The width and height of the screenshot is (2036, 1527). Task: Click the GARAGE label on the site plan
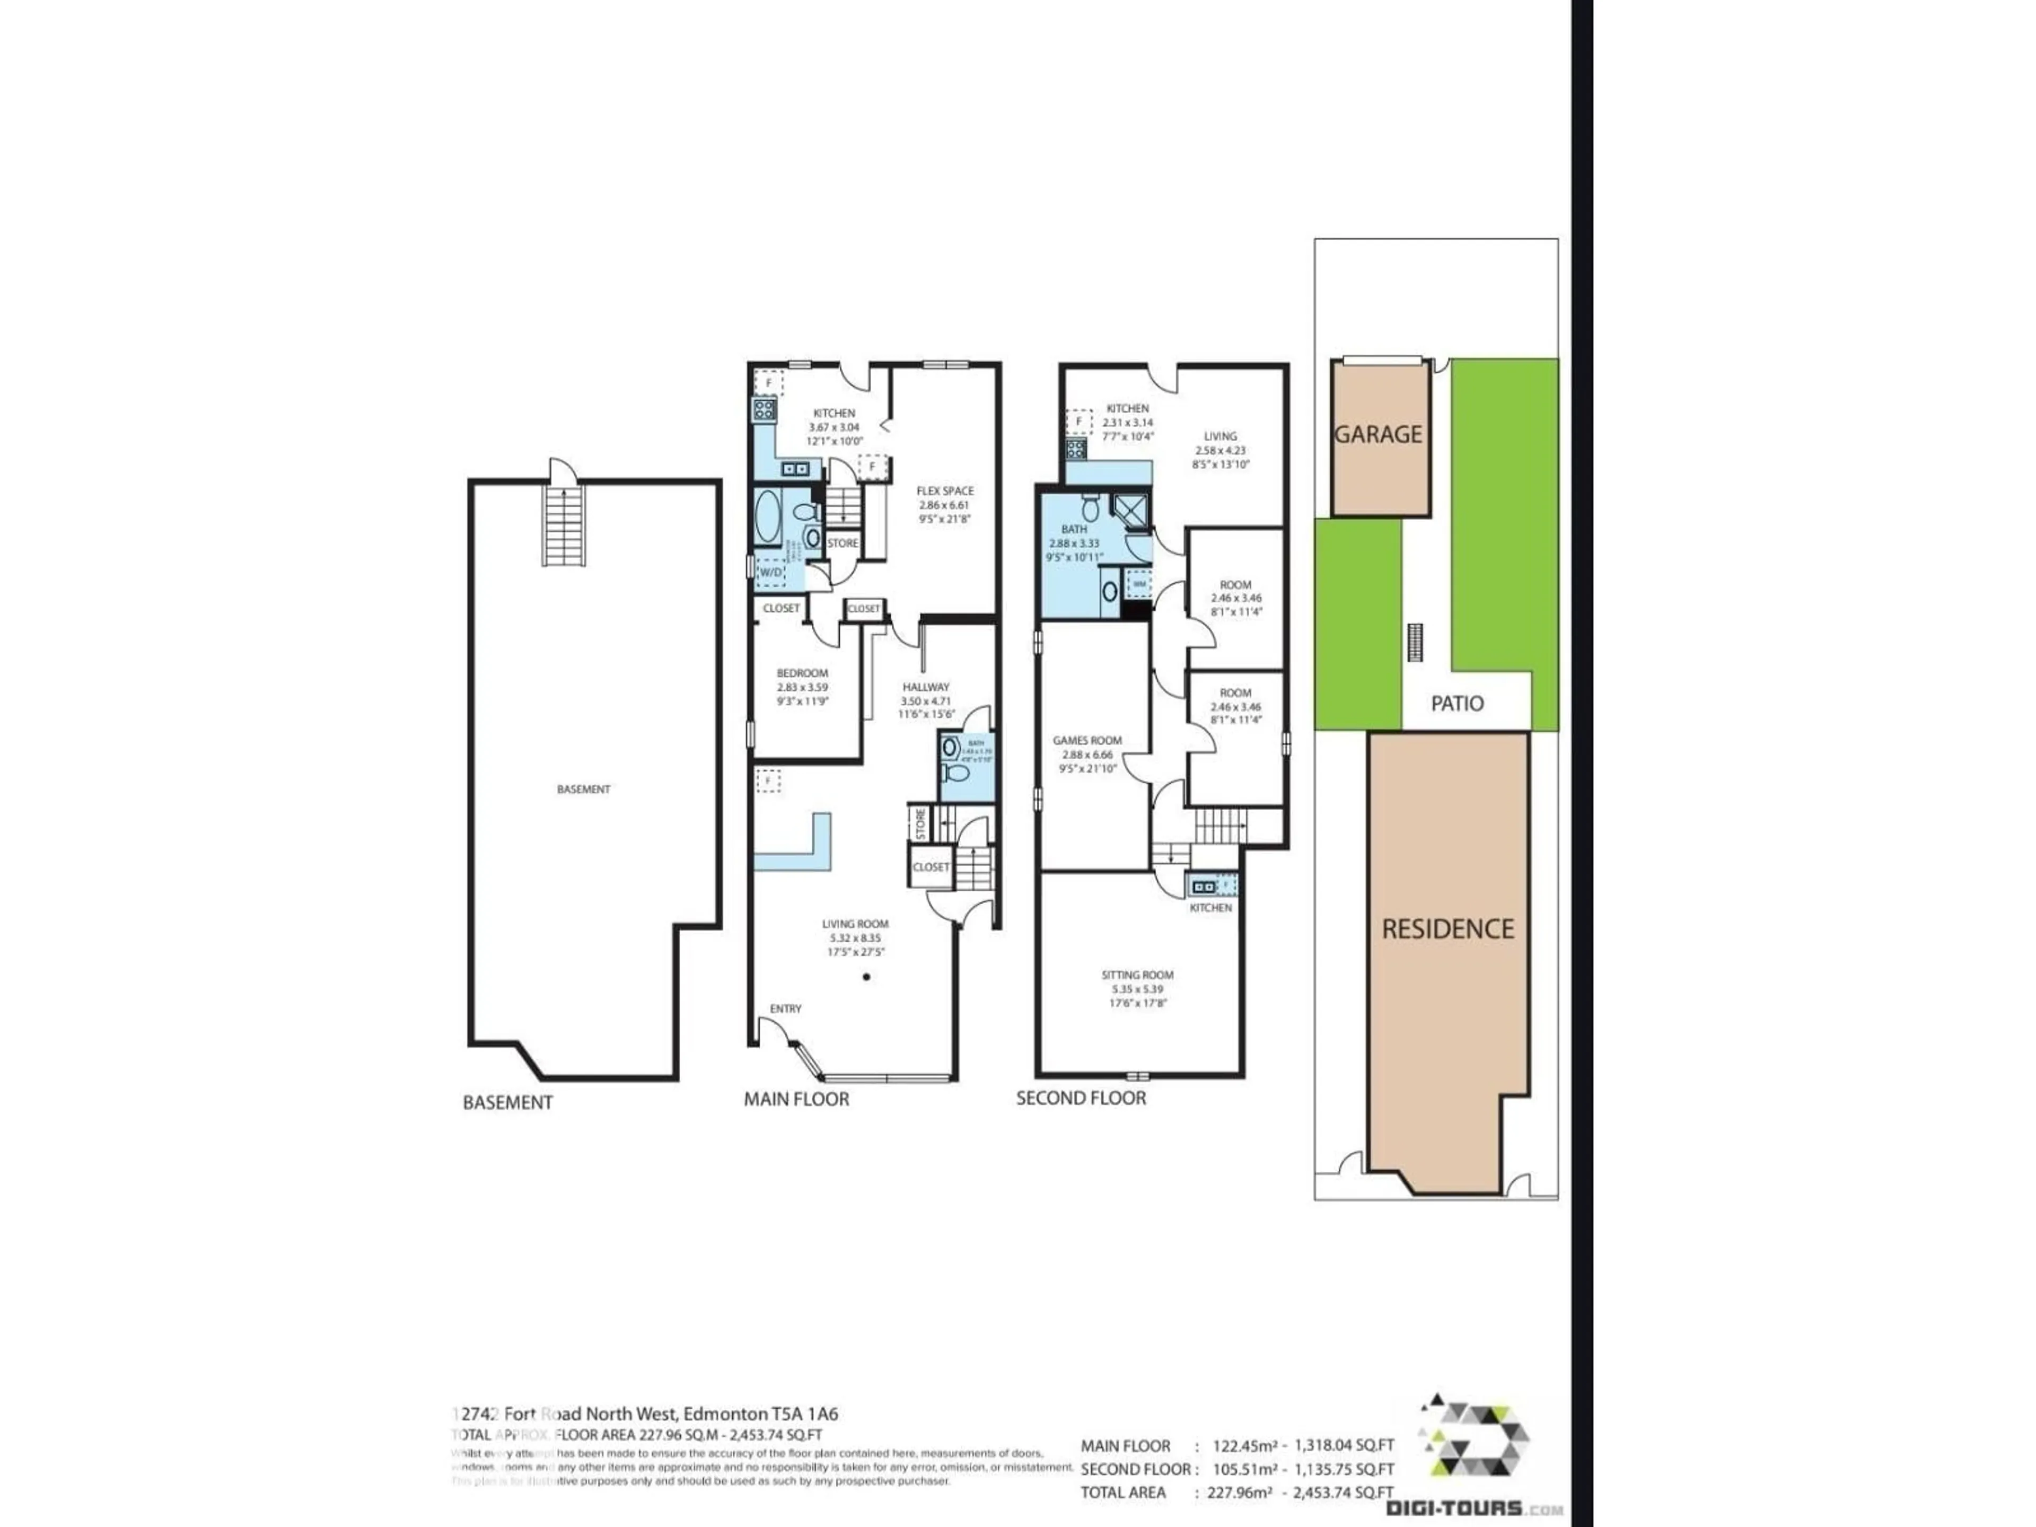(x=1378, y=434)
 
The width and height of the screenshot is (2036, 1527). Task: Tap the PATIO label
(x=1457, y=703)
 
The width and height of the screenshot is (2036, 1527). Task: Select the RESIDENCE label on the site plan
(x=1448, y=929)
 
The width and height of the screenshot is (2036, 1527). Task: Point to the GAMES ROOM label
(x=1087, y=740)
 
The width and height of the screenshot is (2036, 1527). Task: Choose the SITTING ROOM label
(x=1137, y=975)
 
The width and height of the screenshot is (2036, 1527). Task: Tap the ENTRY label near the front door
(x=785, y=1009)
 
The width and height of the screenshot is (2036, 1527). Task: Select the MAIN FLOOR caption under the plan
(x=796, y=1099)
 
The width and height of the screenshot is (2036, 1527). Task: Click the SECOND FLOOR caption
(x=1081, y=1098)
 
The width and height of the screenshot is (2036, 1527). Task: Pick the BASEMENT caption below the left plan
(x=507, y=1103)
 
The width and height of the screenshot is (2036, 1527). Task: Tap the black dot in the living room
(x=866, y=977)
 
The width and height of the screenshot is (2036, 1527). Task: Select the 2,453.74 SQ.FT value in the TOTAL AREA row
(x=1343, y=1493)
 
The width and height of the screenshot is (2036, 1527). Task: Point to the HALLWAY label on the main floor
(x=925, y=687)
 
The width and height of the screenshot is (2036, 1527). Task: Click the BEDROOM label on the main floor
(x=802, y=673)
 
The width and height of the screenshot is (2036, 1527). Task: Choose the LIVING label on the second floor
(x=1221, y=436)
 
